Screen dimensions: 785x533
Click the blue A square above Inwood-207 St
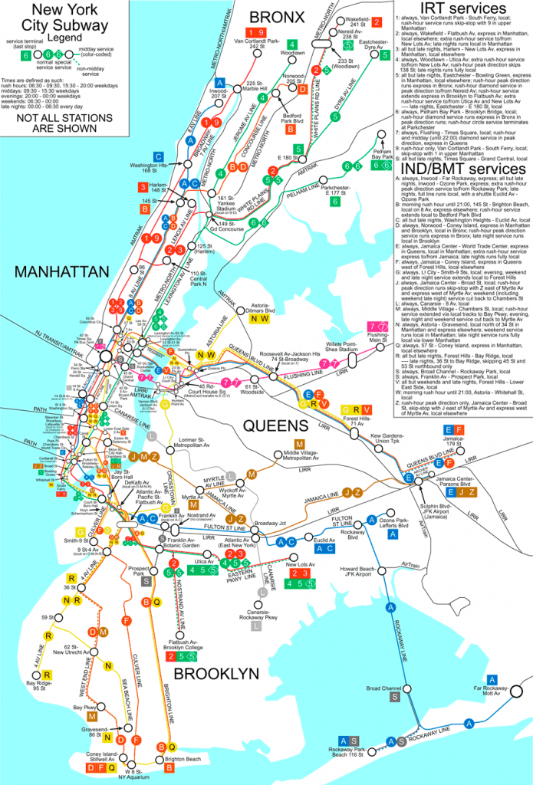(220, 82)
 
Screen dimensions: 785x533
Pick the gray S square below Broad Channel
(394, 697)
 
